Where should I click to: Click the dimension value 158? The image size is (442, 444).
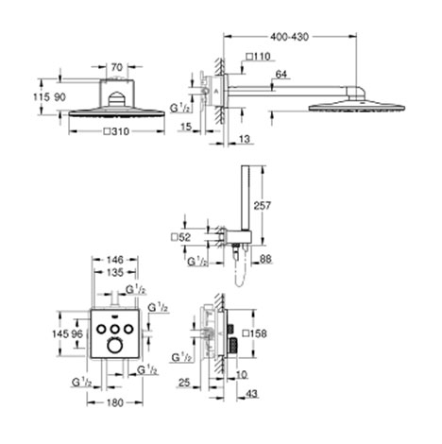[261, 333]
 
